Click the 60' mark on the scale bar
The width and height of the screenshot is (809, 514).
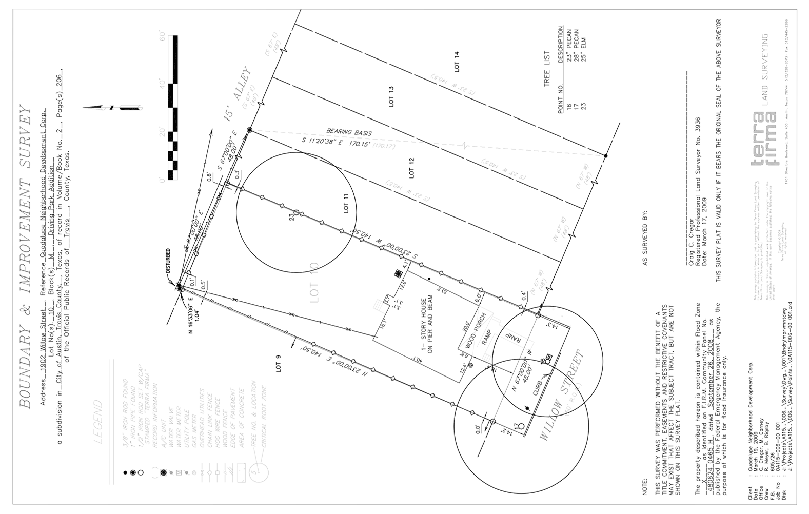click(163, 37)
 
